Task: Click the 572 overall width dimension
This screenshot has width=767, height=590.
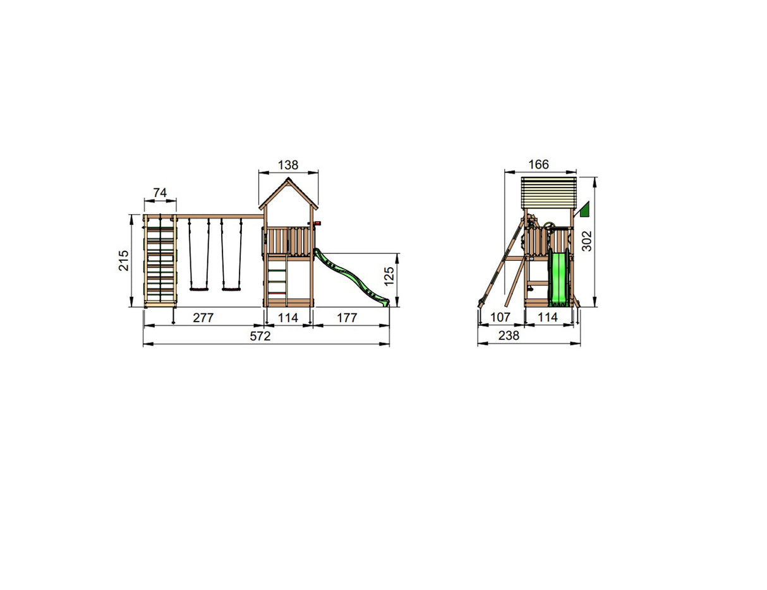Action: pyautogui.click(x=260, y=336)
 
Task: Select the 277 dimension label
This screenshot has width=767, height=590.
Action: pyautogui.click(x=203, y=318)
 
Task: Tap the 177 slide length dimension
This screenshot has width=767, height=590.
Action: pyautogui.click(x=347, y=318)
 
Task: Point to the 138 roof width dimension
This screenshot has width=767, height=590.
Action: pyautogui.click(x=288, y=165)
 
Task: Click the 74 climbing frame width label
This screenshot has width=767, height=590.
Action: pyautogui.click(x=160, y=193)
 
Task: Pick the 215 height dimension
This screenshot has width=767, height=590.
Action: pyautogui.click(x=124, y=260)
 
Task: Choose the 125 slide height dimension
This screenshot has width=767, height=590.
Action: pyautogui.click(x=389, y=276)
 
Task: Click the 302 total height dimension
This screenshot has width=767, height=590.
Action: pyautogui.click(x=586, y=241)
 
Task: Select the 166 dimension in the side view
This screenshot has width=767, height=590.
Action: pyautogui.click(x=539, y=164)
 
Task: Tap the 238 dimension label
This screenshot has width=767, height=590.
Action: pyautogui.click(x=509, y=335)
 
